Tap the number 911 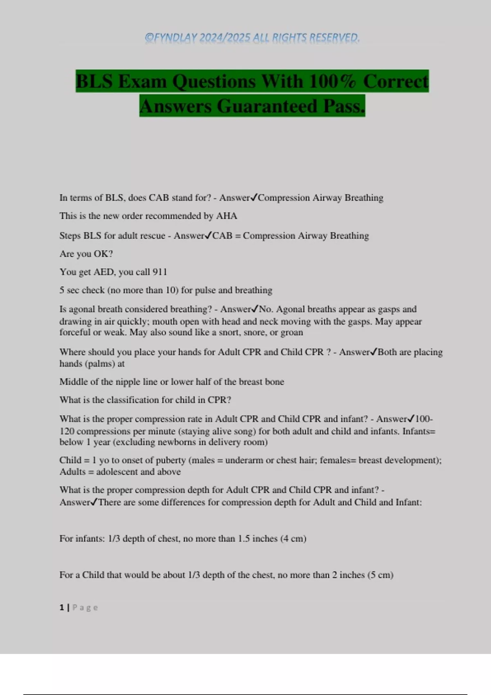point(160,272)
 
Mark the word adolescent point(117,472)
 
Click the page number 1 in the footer point(62,608)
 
